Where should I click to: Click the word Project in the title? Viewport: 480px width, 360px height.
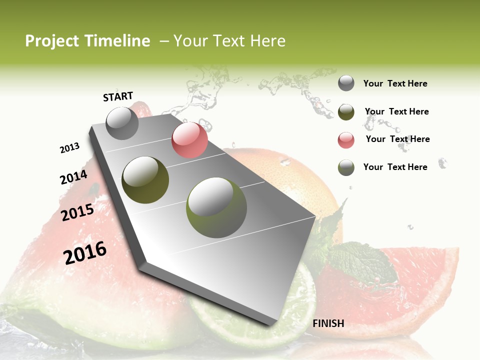[51, 41]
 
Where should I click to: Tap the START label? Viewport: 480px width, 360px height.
[118, 96]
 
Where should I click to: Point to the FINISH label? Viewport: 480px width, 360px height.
[328, 323]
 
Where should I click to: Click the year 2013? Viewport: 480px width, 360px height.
[69, 148]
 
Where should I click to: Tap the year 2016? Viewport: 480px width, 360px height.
[85, 253]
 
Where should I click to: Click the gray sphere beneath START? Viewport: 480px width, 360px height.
[122, 123]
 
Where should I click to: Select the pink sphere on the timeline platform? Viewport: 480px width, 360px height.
[189, 140]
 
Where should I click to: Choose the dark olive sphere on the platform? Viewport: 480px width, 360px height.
[145, 180]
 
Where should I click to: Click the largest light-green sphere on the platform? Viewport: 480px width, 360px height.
[216, 207]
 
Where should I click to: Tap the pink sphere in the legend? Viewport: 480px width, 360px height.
[346, 140]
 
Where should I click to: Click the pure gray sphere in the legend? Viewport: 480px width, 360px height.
[346, 83]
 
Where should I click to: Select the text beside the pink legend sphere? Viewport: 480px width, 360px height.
[397, 139]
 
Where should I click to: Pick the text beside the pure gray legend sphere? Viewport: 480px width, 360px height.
[395, 83]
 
